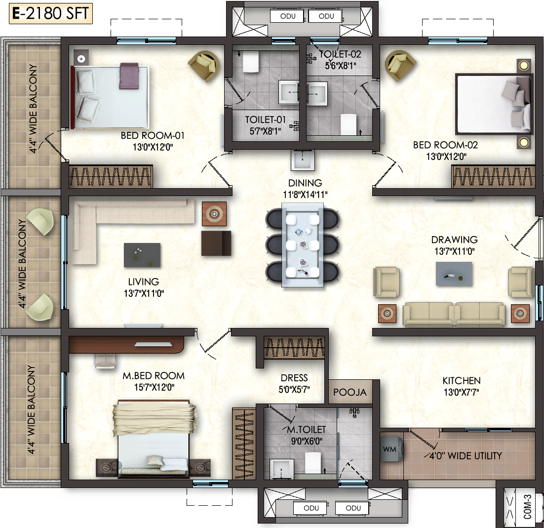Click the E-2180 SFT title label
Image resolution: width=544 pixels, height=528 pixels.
(51, 14)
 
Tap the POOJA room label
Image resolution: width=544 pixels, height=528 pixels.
(350, 392)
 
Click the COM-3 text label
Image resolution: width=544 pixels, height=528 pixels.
(527, 507)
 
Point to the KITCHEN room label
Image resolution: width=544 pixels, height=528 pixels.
(462, 381)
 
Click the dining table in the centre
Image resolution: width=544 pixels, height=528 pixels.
(303, 245)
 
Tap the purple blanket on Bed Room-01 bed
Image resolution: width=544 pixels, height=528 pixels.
(129, 76)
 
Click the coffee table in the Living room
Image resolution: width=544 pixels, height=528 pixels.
(142, 255)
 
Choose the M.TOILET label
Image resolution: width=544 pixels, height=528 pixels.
(307, 430)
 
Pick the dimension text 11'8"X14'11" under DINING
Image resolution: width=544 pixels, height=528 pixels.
(305, 195)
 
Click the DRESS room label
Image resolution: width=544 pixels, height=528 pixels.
(294, 378)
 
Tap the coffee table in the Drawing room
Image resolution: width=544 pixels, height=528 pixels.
(454, 274)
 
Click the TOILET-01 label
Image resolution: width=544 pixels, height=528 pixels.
(266, 120)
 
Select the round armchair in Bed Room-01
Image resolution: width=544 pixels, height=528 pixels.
(204, 66)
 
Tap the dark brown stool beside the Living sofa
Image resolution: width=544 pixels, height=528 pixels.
(216, 244)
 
